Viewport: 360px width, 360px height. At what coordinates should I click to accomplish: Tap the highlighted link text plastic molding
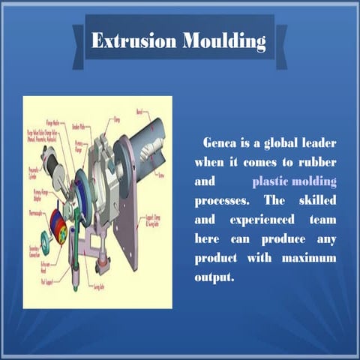(x=295, y=181)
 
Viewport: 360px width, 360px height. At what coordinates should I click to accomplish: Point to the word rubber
(x=316, y=161)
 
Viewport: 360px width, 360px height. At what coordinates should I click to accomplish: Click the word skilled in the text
(x=316, y=201)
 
